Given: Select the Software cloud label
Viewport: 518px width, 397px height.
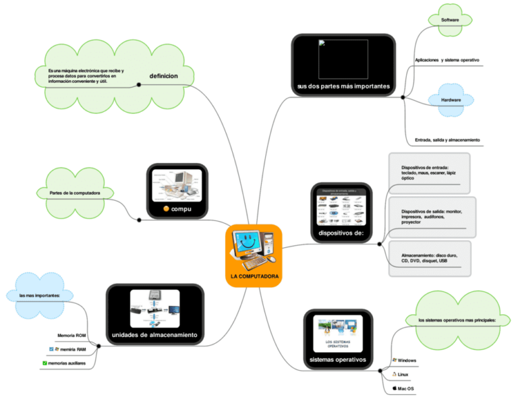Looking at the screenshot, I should tap(450, 20).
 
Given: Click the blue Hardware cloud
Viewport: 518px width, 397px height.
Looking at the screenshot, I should tap(451, 100).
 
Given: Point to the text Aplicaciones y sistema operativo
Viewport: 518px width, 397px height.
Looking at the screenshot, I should tap(447, 60).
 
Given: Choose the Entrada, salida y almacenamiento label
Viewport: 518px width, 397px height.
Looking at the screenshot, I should tap(447, 140).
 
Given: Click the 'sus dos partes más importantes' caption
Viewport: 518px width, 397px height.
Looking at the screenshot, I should tap(343, 86).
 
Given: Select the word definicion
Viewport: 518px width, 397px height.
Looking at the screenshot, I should tap(163, 76).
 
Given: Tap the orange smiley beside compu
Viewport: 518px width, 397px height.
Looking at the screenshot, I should tap(166, 210).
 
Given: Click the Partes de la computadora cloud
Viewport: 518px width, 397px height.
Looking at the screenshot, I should tap(75, 193).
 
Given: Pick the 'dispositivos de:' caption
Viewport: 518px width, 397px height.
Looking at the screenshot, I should tap(341, 233).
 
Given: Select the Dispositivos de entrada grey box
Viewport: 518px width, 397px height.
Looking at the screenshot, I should tap(428, 173).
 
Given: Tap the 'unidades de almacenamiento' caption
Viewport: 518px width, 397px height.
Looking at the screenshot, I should tap(154, 334).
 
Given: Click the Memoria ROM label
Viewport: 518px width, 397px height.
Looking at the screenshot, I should tap(71, 335).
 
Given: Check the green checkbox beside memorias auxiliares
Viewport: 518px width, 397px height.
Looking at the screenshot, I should tap(45, 363).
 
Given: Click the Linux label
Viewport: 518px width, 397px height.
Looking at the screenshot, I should tap(403, 374).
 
